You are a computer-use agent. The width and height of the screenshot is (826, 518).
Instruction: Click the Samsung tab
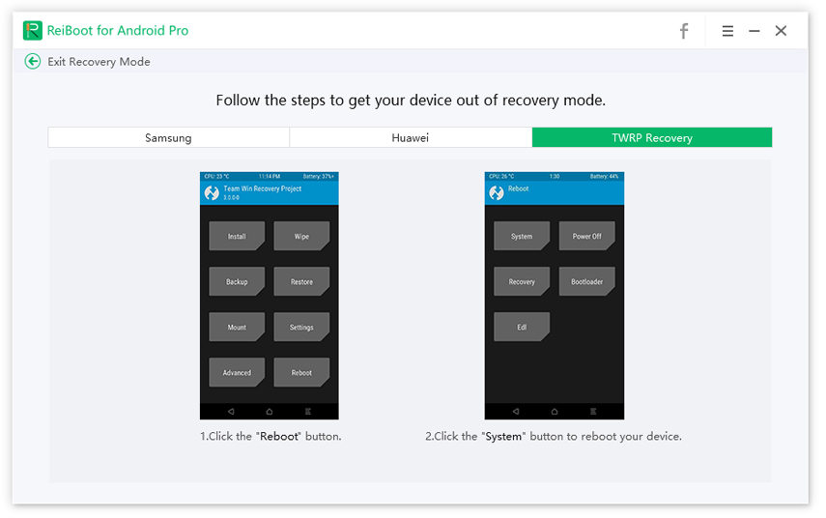pyautogui.click(x=168, y=138)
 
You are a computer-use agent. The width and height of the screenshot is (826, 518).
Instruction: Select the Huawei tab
pyautogui.click(x=410, y=138)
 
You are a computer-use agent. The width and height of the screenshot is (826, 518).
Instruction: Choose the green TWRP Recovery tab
pyautogui.click(x=651, y=138)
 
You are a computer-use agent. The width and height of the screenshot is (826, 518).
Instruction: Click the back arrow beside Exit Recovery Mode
pyautogui.click(x=33, y=62)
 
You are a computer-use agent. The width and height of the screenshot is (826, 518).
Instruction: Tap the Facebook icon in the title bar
pyautogui.click(x=684, y=31)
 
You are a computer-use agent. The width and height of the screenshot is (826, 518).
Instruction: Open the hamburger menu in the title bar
pyautogui.click(x=727, y=31)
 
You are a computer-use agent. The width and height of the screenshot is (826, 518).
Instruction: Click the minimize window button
pyautogui.click(x=754, y=31)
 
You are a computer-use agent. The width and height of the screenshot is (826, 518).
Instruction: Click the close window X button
pyautogui.click(x=781, y=31)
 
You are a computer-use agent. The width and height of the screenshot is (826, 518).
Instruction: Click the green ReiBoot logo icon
pyautogui.click(x=33, y=30)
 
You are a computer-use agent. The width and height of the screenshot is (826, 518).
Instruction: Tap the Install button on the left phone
pyautogui.click(x=237, y=237)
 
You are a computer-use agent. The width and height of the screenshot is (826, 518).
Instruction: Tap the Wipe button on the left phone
pyautogui.click(x=301, y=237)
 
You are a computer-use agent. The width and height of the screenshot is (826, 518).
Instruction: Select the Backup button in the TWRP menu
pyautogui.click(x=237, y=282)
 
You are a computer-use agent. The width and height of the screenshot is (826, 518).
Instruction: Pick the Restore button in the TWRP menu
pyautogui.click(x=301, y=282)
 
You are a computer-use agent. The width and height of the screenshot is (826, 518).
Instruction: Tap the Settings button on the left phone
pyautogui.click(x=301, y=328)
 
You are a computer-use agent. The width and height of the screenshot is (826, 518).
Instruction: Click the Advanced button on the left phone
pyautogui.click(x=237, y=373)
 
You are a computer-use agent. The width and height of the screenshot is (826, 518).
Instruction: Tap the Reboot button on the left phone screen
pyautogui.click(x=301, y=373)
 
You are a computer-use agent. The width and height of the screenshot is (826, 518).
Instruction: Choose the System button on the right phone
pyautogui.click(x=522, y=237)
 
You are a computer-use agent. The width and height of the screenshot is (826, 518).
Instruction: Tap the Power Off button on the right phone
pyautogui.click(x=586, y=237)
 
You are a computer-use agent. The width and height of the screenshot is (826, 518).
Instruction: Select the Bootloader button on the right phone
pyautogui.click(x=586, y=282)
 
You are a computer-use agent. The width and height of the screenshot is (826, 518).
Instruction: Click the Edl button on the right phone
pyautogui.click(x=522, y=328)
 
